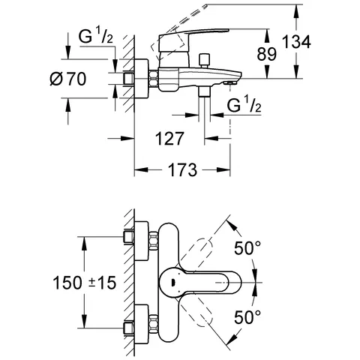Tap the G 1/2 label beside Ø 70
pos(94,35)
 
